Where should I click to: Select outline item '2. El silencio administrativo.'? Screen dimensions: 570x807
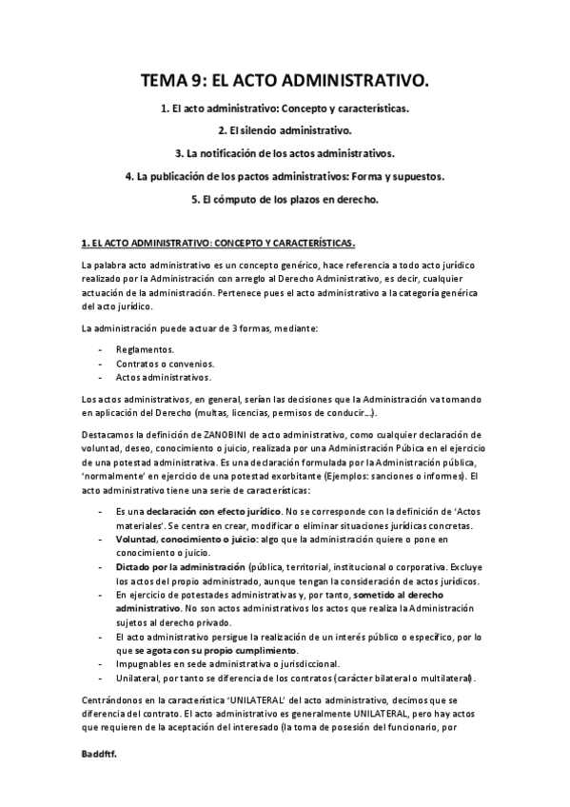tap(285, 130)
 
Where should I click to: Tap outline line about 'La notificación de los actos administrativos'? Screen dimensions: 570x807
tap(285, 153)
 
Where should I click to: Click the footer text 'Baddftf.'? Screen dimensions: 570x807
tap(101, 752)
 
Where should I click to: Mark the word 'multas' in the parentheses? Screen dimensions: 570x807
tap(189, 414)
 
